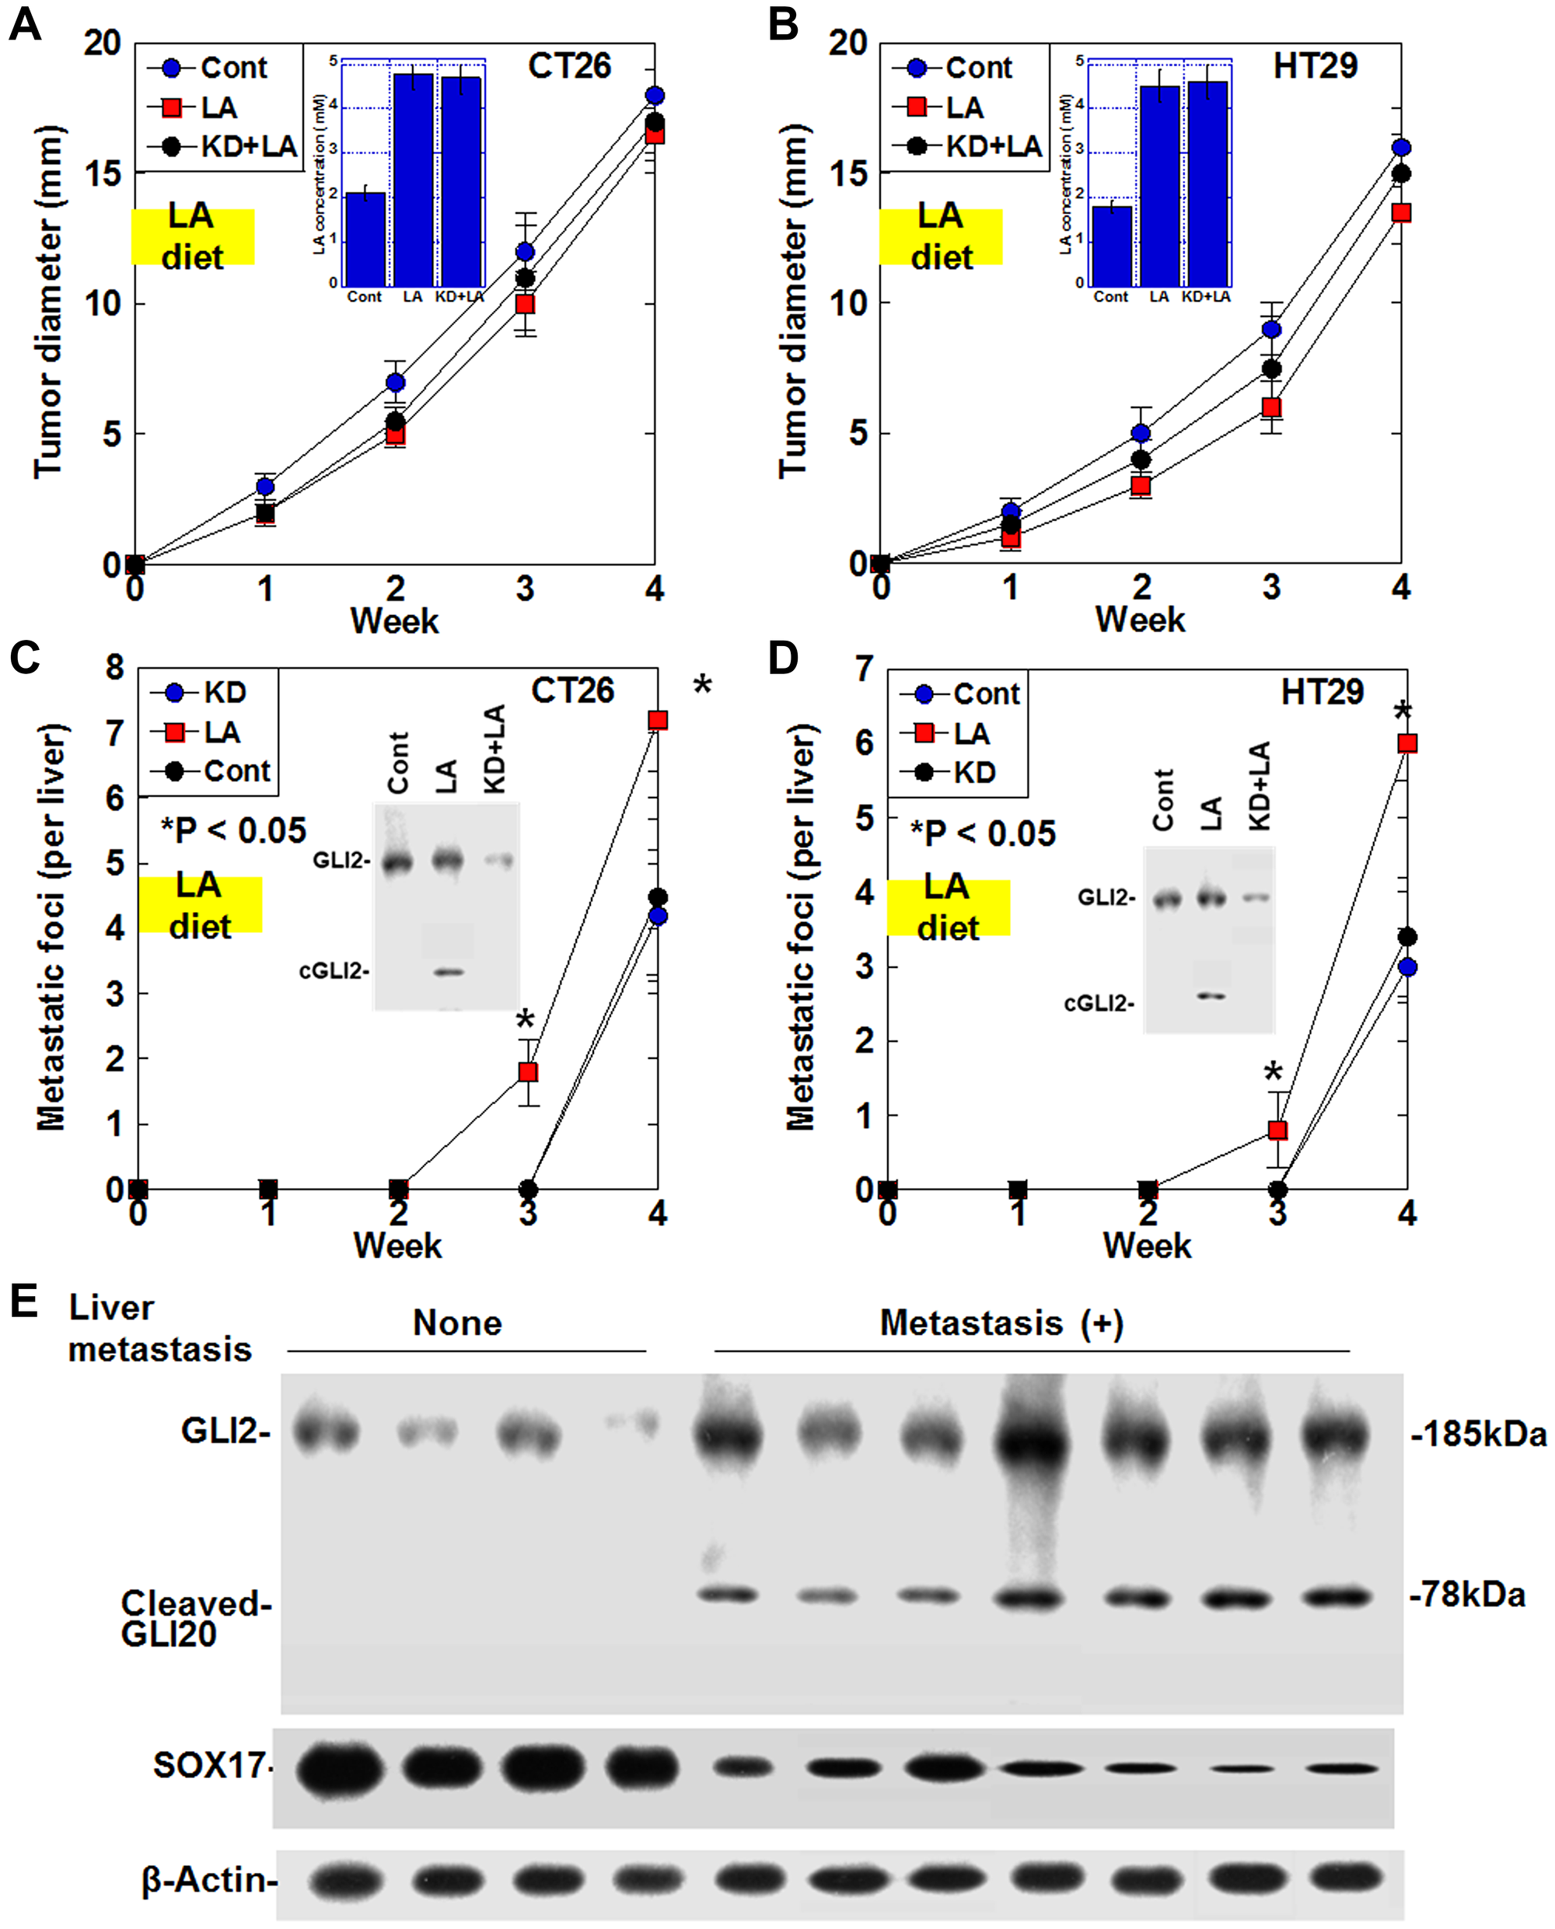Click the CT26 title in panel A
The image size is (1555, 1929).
[x=569, y=65]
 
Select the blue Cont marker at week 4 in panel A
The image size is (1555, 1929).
[x=655, y=96]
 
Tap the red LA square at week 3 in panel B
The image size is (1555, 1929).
[x=1271, y=407]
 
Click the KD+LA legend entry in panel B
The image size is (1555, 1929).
[x=968, y=146]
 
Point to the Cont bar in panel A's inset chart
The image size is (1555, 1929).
[x=365, y=239]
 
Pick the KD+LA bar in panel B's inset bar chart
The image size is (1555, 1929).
[x=1207, y=183]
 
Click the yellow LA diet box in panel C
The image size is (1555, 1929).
[x=200, y=904]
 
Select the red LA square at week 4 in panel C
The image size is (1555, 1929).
[x=658, y=720]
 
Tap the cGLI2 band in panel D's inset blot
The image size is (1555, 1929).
[x=1211, y=996]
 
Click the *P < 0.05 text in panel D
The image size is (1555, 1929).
[x=983, y=833]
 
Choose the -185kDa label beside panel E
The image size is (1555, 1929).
[x=1479, y=1435]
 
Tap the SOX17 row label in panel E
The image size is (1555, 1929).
[x=211, y=1765]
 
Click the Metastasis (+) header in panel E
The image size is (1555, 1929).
[x=1001, y=1323]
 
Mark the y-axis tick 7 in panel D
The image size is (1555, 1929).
[x=865, y=669]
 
